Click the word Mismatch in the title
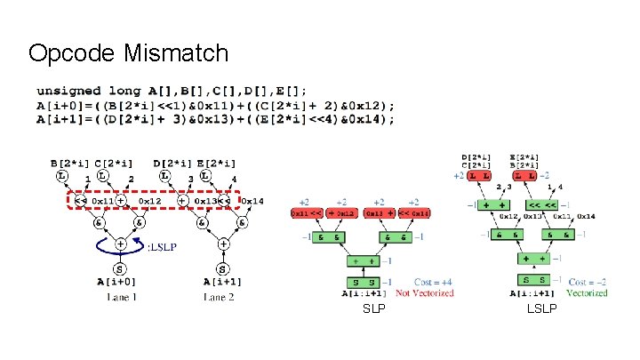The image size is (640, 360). (x=179, y=53)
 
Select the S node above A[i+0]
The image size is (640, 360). (x=119, y=268)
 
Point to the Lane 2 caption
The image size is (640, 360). (x=218, y=297)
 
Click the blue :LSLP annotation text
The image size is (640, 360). (x=156, y=245)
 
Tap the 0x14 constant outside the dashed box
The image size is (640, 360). (x=253, y=202)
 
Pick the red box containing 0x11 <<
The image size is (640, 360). (x=308, y=214)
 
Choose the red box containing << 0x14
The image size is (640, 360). (x=412, y=214)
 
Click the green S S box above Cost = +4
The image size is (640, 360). (x=361, y=283)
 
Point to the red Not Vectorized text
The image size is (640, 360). (x=424, y=292)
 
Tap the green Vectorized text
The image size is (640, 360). (x=588, y=292)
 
